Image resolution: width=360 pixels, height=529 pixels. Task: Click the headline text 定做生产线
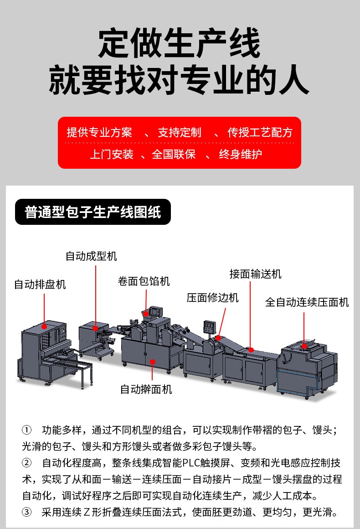click(x=180, y=43)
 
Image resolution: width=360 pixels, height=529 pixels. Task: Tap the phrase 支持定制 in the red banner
click(x=180, y=132)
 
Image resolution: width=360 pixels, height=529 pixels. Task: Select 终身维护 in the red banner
click(x=240, y=154)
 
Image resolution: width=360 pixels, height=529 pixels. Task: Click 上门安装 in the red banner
click(x=112, y=154)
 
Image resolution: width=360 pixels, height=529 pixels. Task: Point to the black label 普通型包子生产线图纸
click(x=93, y=212)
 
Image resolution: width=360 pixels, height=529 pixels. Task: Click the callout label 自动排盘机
click(x=40, y=285)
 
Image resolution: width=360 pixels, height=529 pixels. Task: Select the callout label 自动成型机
click(x=91, y=256)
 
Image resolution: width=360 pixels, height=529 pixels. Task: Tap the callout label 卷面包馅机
click(x=144, y=281)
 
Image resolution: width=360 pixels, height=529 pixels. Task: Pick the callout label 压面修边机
click(x=213, y=297)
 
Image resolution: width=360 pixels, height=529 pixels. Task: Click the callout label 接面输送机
click(x=256, y=274)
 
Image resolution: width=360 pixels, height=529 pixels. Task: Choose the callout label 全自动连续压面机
click(x=307, y=302)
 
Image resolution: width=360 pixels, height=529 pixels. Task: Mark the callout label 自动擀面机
click(x=146, y=389)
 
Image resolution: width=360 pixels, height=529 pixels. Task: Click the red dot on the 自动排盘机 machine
click(x=44, y=327)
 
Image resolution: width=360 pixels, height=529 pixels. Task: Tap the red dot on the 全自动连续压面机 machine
click(x=304, y=346)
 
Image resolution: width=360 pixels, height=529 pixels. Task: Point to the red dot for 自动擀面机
click(x=152, y=362)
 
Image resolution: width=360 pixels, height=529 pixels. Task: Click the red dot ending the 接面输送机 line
click(x=251, y=350)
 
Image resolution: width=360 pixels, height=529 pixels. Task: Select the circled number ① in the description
click(x=26, y=430)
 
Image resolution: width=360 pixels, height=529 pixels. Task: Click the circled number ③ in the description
click(x=26, y=513)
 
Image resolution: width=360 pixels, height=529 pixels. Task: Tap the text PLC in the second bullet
click(x=191, y=463)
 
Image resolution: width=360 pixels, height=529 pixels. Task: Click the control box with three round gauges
click(x=209, y=327)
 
